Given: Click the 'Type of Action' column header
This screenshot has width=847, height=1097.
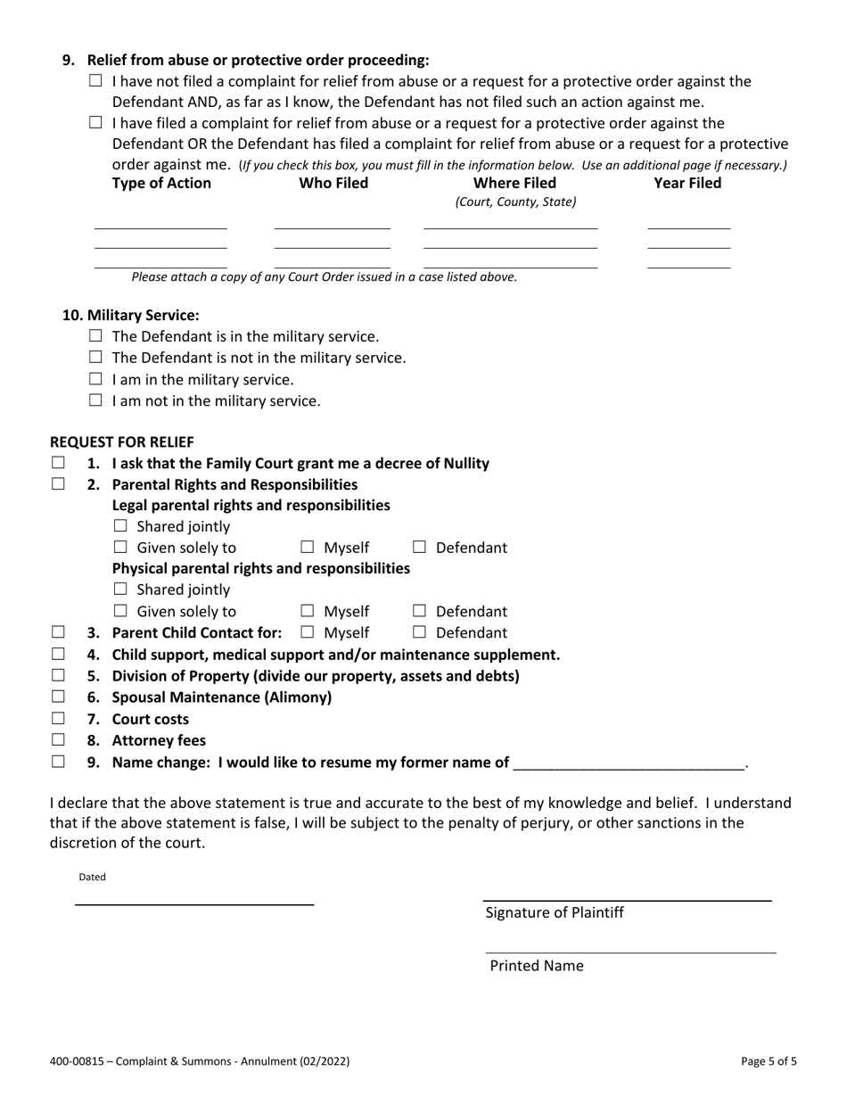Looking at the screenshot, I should [x=161, y=183].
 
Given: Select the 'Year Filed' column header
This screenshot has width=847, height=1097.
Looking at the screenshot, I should [x=687, y=183].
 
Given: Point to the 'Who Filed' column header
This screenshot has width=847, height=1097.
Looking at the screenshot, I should [x=333, y=183].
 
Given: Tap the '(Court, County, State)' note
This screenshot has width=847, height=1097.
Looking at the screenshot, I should [x=515, y=202].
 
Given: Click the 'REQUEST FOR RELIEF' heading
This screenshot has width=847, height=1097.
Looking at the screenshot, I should [x=121, y=441].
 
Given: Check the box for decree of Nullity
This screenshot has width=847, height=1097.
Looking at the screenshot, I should [x=58, y=463].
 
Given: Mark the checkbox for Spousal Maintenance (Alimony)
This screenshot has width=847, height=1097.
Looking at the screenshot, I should [x=58, y=697].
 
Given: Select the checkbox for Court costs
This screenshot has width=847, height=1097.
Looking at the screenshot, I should [x=58, y=718].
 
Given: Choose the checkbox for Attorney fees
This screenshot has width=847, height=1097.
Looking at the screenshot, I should [x=58, y=739].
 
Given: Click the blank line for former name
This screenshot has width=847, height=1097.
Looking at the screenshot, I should [x=629, y=763].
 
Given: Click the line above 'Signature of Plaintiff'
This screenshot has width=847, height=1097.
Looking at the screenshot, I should [x=627, y=900].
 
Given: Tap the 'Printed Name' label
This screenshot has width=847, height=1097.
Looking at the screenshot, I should [x=537, y=965].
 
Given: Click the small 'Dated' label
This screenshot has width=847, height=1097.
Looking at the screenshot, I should [x=92, y=877].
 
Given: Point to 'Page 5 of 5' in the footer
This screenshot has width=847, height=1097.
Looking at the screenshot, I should [x=769, y=1061].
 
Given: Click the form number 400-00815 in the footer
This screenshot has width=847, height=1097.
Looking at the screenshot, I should [x=81, y=1061].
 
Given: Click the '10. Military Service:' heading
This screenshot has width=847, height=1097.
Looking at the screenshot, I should [x=130, y=315].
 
